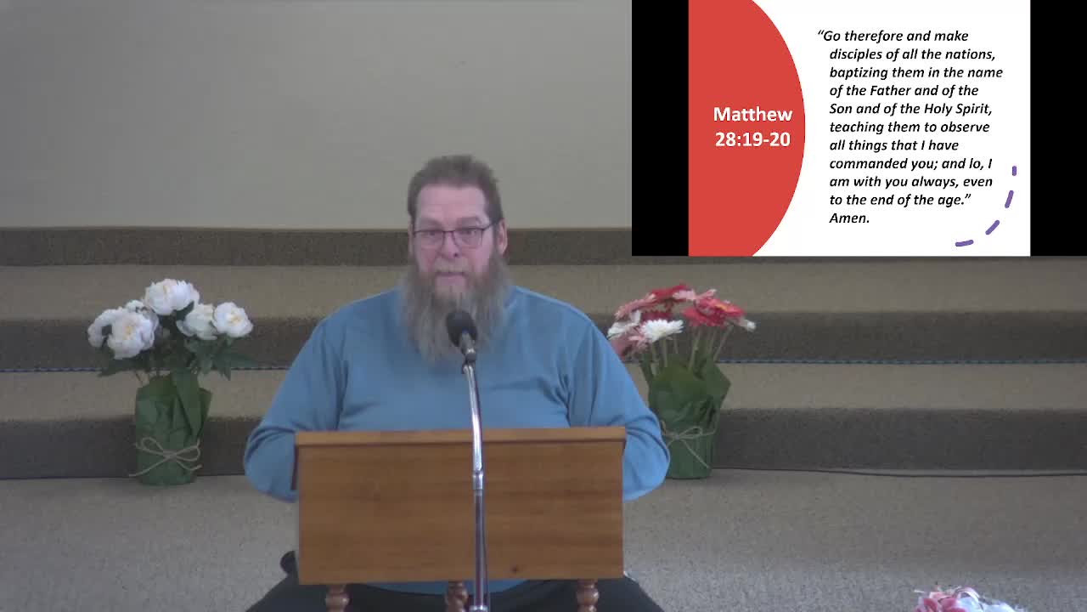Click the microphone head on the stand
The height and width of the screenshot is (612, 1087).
461,326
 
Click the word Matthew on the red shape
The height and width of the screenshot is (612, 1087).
752,114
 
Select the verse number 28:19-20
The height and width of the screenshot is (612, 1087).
752,139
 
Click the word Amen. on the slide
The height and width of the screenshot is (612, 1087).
849,218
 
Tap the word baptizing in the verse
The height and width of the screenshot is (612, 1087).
859,72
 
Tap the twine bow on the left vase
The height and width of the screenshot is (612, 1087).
167,455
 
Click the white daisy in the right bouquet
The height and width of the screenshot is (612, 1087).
660,329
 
